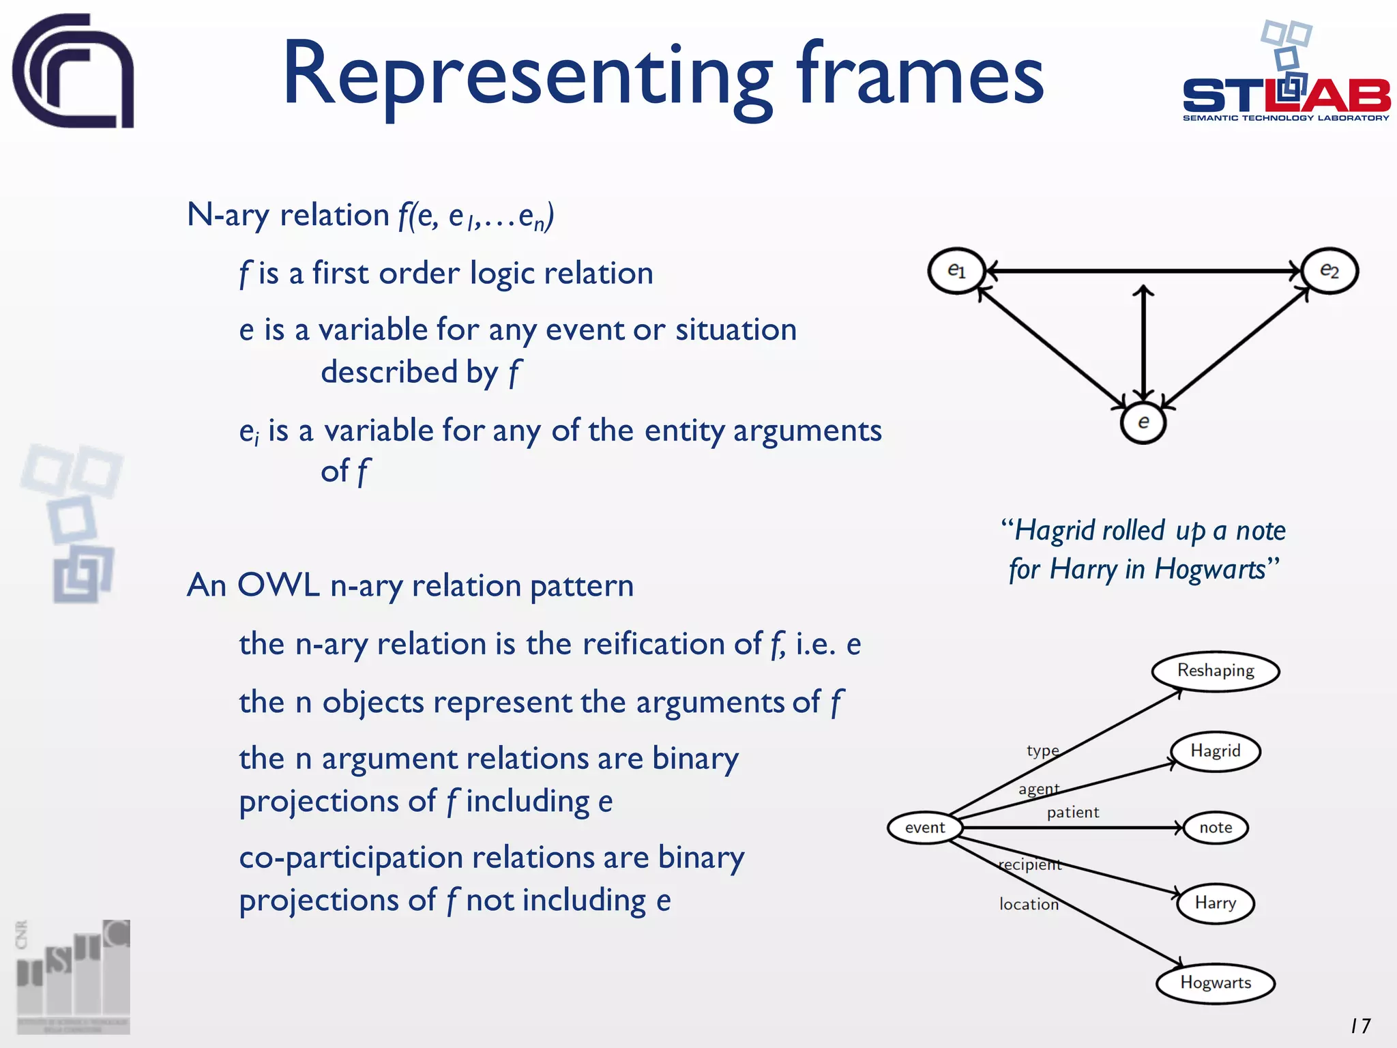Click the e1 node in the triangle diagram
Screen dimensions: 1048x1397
tap(956, 271)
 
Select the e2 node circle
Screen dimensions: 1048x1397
tap(1329, 271)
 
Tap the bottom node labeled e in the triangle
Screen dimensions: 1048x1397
tap(1143, 422)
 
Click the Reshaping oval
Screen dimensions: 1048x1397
tap(1216, 671)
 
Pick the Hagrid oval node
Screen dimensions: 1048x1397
tap(1216, 751)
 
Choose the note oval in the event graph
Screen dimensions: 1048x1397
tap(1216, 828)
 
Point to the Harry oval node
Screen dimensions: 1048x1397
tap(1216, 903)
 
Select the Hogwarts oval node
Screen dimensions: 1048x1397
tap(1216, 983)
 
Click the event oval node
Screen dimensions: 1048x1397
tap(925, 828)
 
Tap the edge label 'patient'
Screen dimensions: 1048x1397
tap(1073, 812)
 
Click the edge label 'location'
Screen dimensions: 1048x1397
tap(1029, 904)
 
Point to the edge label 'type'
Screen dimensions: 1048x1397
tap(1043, 751)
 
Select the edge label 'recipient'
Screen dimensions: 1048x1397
tap(1030, 864)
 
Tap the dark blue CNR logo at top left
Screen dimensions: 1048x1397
tap(73, 71)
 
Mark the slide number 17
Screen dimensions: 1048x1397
tap(1360, 1025)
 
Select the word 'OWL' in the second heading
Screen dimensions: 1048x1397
tap(278, 585)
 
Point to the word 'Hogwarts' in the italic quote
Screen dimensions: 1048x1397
tap(1210, 569)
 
